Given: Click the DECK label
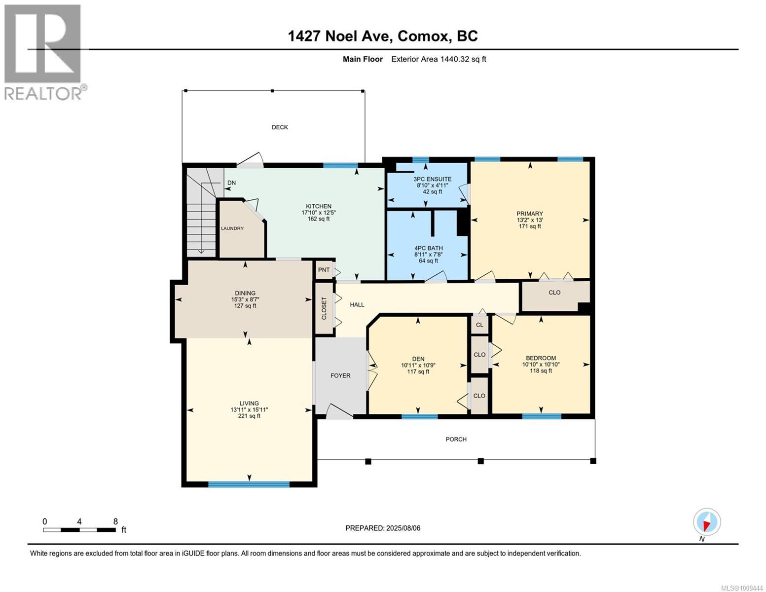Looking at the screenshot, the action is (x=280, y=127).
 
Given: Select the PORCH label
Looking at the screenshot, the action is (x=456, y=440).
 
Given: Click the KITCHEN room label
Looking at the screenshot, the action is (x=319, y=206).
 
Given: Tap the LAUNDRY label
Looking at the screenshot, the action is (x=232, y=228).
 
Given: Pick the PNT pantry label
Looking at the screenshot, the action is (x=324, y=270).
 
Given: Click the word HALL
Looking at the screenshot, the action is (x=357, y=305).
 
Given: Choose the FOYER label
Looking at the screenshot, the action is (x=340, y=376).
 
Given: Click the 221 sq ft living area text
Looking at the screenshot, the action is (x=249, y=416).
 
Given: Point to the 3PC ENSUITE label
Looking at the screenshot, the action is (x=433, y=179).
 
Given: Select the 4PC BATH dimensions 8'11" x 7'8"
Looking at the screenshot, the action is (x=428, y=254).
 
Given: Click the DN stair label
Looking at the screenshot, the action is (x=232, y=183).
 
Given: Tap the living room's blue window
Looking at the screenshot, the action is (x=249, y=484).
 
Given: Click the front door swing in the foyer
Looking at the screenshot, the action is (x=339, y=411).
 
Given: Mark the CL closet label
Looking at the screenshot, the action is (x=480, y=325).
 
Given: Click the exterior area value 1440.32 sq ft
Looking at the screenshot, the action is (x=463, y=59).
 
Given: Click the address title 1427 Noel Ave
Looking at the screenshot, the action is (x=341, y=36).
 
